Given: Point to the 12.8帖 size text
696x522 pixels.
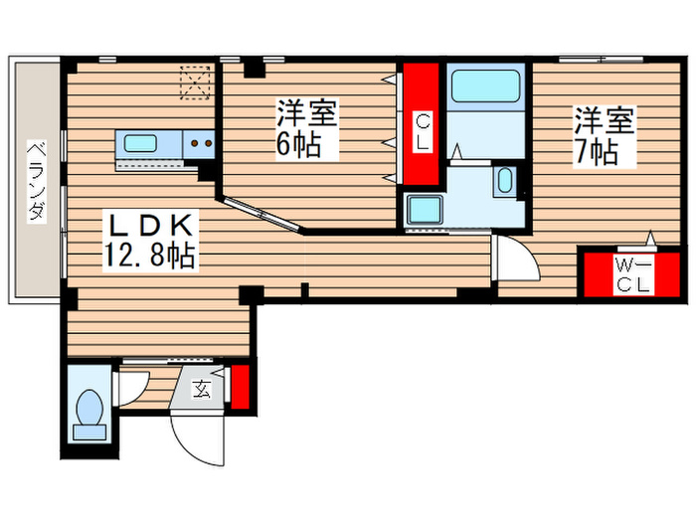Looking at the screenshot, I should (x=149, y=257).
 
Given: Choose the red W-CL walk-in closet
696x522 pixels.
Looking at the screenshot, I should (x=630, y=275).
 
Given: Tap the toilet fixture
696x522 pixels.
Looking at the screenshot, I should (x=89, y=411).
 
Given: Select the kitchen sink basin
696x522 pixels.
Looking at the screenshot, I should (x=140, y=143).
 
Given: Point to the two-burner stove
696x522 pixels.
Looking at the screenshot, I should (x=202, y=143).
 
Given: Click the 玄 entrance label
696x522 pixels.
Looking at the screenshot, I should (x=201, y=389).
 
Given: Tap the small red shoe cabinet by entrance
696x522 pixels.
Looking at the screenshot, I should (x=239, y=388).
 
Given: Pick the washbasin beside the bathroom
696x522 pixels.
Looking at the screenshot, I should (x=504, y=181).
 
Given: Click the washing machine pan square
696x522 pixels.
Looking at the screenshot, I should (x=426, y=211).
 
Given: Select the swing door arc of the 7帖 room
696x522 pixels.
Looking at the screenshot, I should (x=515, y=258).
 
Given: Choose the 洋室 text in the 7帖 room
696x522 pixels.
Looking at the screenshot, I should (x=603, y=121).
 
